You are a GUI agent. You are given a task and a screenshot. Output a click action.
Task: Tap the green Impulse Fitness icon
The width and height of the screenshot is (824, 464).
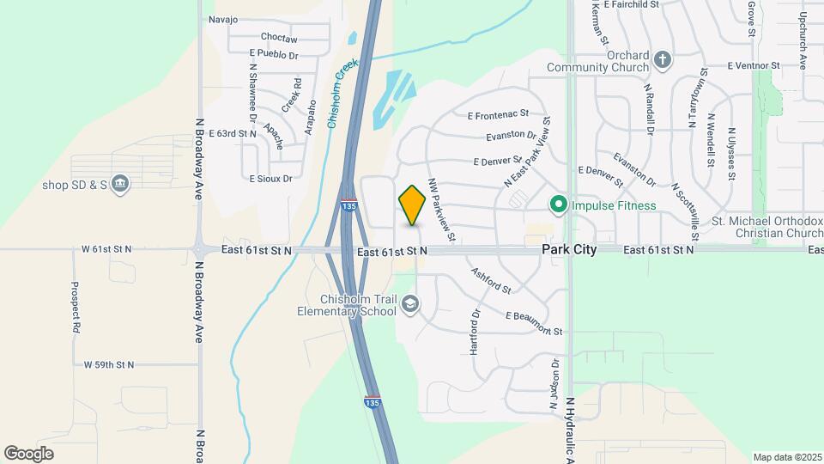click(x=559, y=205)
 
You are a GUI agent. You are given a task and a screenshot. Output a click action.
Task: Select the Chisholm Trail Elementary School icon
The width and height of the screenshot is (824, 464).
click(x=411, y=302)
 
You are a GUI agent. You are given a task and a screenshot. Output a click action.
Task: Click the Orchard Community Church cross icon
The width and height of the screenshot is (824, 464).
click(x=662, y=60)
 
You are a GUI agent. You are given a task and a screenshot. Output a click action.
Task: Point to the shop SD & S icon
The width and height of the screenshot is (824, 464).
click(x=120, y=183)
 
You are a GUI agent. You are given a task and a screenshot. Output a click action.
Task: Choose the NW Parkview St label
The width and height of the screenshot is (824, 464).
click(x=441, y=210)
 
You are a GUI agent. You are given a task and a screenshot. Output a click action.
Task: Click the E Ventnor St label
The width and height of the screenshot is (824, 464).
click(x=753, y=65)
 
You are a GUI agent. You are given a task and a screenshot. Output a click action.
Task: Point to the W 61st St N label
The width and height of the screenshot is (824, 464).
click(x=107, y=249)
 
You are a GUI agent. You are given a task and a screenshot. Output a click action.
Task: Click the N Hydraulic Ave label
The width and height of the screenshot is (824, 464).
click(x=570, y=430)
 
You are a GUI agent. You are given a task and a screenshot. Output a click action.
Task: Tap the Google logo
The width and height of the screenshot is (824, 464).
click(x=29, y=453)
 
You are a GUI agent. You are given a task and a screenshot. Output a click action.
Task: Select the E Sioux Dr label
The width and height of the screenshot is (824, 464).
click(x=270, y=180)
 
